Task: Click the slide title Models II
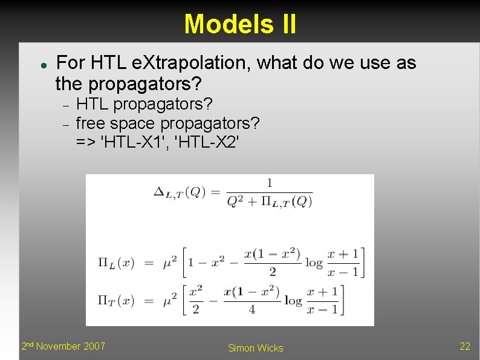point(240,24)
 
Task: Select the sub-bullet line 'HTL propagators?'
point(144,105)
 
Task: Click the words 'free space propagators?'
point(167,123)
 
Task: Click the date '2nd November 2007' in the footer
point(63,346)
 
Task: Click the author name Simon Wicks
point(255,348)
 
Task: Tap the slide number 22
point(464,346)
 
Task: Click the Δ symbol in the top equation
point(160,192)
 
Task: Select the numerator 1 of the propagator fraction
point(270,183)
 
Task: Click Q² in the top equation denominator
point(235,201)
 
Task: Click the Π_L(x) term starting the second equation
point(116,263)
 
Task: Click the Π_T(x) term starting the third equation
point(116,300)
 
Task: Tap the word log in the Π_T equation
point(293,300)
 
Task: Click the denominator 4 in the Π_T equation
point(251,309)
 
